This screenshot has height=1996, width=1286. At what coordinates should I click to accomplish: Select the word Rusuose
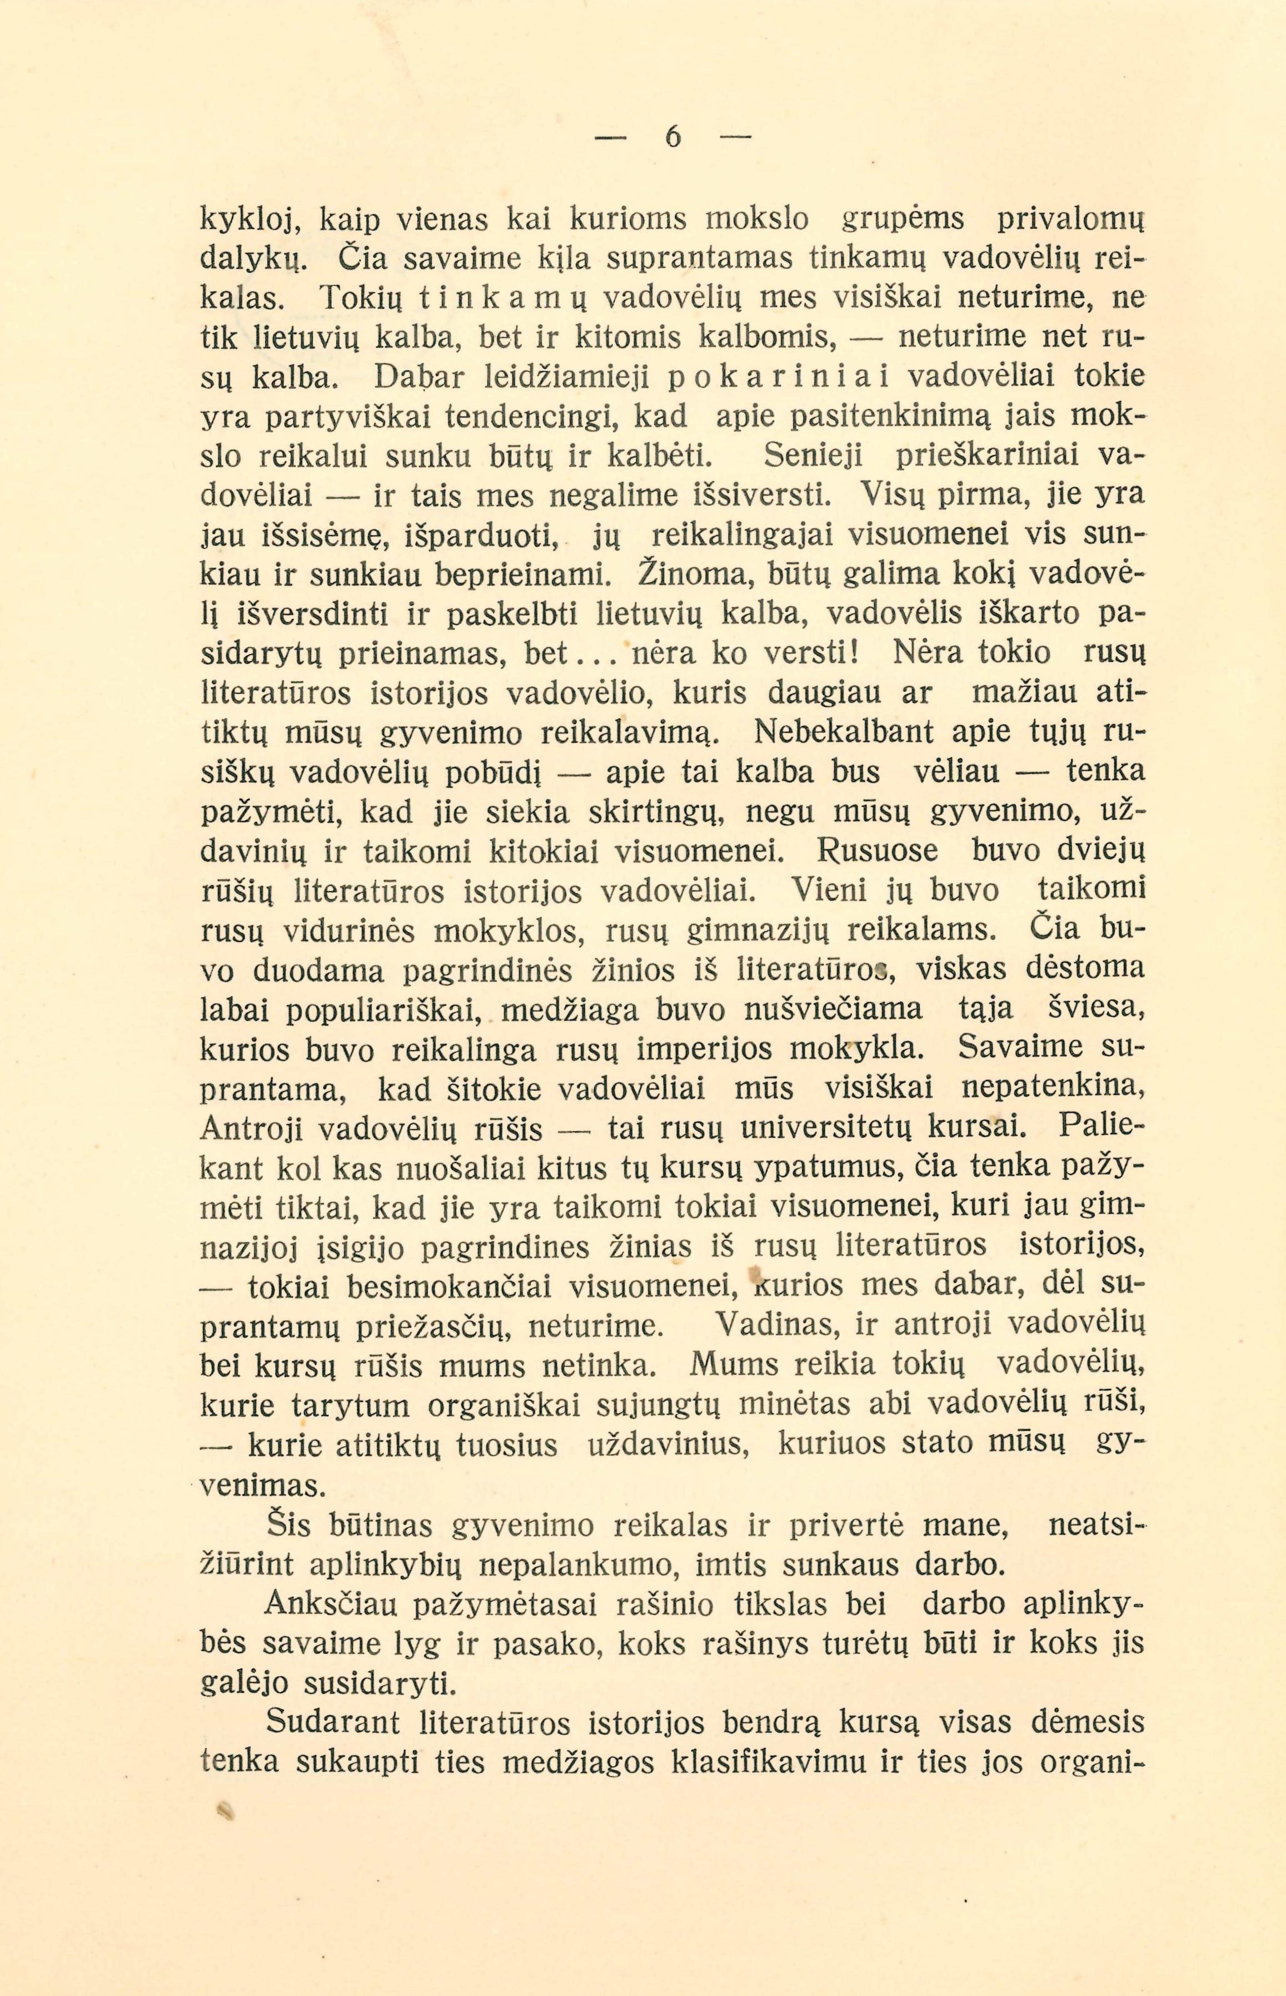pyautogui.click(x=877, y=852)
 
